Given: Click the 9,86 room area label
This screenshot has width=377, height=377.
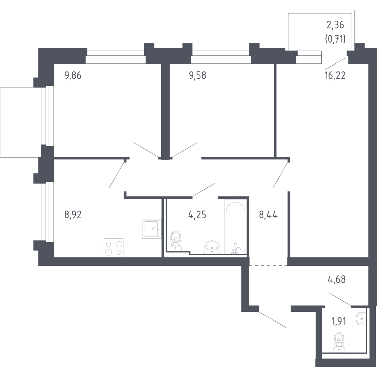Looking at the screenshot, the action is tap(73, 76).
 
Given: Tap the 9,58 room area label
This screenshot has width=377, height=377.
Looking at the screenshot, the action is tap(198, 76).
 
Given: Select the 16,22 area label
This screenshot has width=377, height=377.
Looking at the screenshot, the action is tap(335, 76).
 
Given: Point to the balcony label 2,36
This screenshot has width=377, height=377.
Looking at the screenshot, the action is tap(335, 25).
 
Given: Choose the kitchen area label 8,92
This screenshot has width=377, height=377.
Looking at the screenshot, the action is tap(73, 215).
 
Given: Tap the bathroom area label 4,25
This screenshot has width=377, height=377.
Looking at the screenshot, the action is tap(197, 215).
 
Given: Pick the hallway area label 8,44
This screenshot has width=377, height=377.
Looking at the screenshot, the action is tap(268, 215).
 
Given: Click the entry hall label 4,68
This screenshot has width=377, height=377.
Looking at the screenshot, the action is tap(337, 279).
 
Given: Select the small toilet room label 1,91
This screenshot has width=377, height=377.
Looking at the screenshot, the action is tap(339, 321).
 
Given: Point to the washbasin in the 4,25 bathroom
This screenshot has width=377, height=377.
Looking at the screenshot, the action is tap(212, 247).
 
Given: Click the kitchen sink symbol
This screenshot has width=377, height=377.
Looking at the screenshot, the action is tap(151, 229).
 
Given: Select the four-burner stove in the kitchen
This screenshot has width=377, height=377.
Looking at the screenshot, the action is tap(113, 247).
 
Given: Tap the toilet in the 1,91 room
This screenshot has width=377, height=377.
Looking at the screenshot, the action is tap(339, 342).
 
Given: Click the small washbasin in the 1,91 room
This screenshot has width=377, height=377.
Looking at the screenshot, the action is tap(361, 319).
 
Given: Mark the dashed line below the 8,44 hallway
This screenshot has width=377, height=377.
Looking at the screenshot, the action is tap(268, 265).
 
